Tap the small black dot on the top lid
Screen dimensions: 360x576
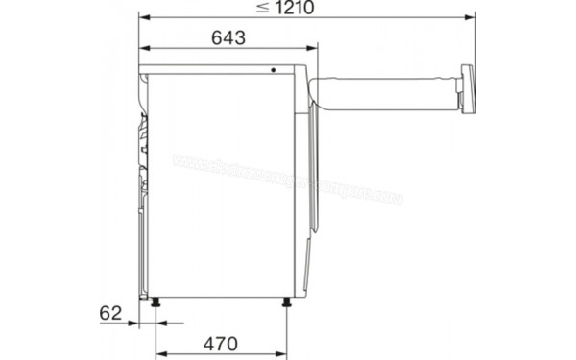pos(274,70)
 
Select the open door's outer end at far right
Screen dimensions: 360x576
pos(468,89)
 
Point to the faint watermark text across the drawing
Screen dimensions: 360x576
pos(288,179)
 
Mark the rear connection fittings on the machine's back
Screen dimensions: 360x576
pos(145,144)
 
